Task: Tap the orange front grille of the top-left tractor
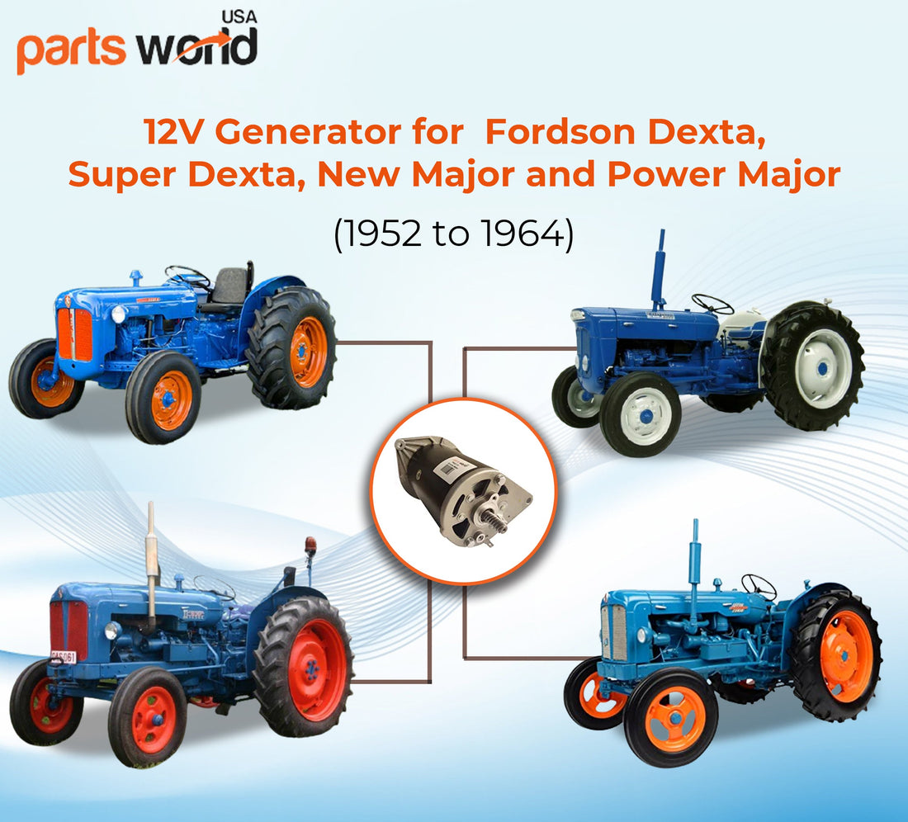(x=74, y=333)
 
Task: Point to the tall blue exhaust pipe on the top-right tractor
(x=659, y=268)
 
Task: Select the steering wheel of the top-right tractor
(x=712, y=303)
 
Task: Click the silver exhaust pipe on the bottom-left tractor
(x=151, y=562)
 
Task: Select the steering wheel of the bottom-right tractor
(x=759, y=586)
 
